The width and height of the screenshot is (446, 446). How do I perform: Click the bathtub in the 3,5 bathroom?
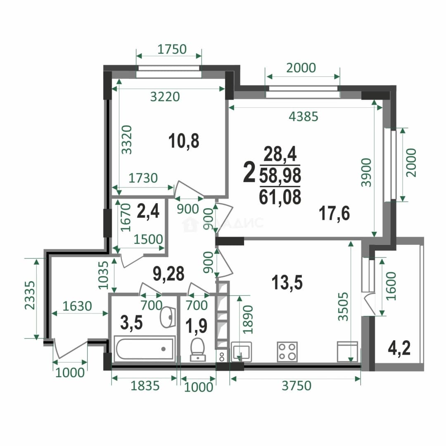pos(145,349)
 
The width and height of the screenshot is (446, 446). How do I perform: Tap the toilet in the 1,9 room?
pos(198,349)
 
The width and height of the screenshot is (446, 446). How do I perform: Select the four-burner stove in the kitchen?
pos(287,352)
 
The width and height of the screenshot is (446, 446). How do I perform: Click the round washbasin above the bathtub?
pos(168,317)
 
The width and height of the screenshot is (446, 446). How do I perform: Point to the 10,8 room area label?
pos(184,141)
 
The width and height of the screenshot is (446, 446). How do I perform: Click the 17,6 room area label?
pos(334,214)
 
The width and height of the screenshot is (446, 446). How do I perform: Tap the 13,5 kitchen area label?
pos(287,282)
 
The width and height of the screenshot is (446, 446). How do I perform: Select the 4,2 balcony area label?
pos(399,349)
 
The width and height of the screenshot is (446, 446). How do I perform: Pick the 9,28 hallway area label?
pos(168,274)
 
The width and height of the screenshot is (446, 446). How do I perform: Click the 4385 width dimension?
pos(303,116)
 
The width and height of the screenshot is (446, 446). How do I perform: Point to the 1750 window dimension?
pos(172,49)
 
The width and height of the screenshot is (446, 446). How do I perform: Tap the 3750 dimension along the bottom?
pos(297,386)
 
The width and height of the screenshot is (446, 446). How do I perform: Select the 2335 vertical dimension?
pos(30,295)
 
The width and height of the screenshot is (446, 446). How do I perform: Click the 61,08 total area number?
pos(280,197)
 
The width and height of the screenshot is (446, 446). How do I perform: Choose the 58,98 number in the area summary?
pos(280,176)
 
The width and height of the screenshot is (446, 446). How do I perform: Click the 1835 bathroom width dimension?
pos(145,386)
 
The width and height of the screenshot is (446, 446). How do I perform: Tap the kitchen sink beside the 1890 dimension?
pos(242,352)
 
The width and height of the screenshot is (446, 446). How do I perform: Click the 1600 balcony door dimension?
pos(391,286)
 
